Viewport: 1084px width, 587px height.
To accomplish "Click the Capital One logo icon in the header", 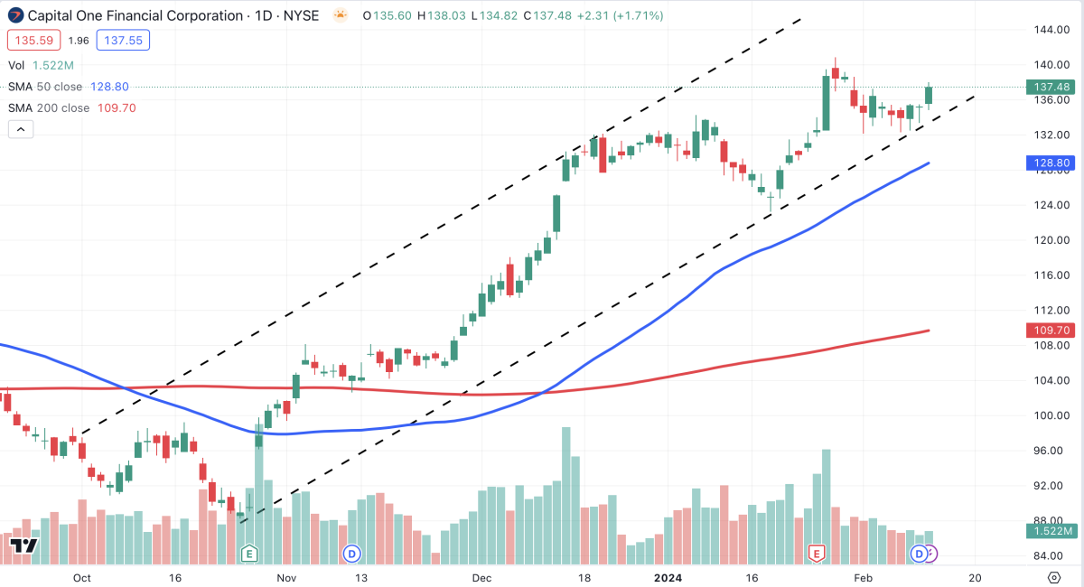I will click(x=15, y=15).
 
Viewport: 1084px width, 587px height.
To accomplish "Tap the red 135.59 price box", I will click(x=34, y=40).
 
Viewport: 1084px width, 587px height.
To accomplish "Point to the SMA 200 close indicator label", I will click(x=49, y=107).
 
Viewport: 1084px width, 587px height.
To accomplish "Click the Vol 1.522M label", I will click(x=42, y=65).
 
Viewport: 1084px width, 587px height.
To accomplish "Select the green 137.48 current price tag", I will click(x=1049, y=88).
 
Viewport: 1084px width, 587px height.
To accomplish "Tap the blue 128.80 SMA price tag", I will click(x=1049, y=163).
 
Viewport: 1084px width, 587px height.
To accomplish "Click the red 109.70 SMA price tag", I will click(x=1049, y=331).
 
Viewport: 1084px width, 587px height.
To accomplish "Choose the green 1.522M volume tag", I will click(x=1049, y=531).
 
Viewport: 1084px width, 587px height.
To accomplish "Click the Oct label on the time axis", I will click(x=82, y=577).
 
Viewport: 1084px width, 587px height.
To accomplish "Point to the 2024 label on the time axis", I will click(x=669, y=577).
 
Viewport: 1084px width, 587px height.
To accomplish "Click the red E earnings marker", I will click(x=818, y=553).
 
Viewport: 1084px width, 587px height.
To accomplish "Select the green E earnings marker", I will click(x=250, y=553).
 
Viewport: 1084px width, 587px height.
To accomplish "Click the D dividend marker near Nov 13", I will click(x=351, y=553).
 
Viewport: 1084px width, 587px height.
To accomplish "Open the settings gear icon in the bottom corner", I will click(x=1053, y=577).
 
